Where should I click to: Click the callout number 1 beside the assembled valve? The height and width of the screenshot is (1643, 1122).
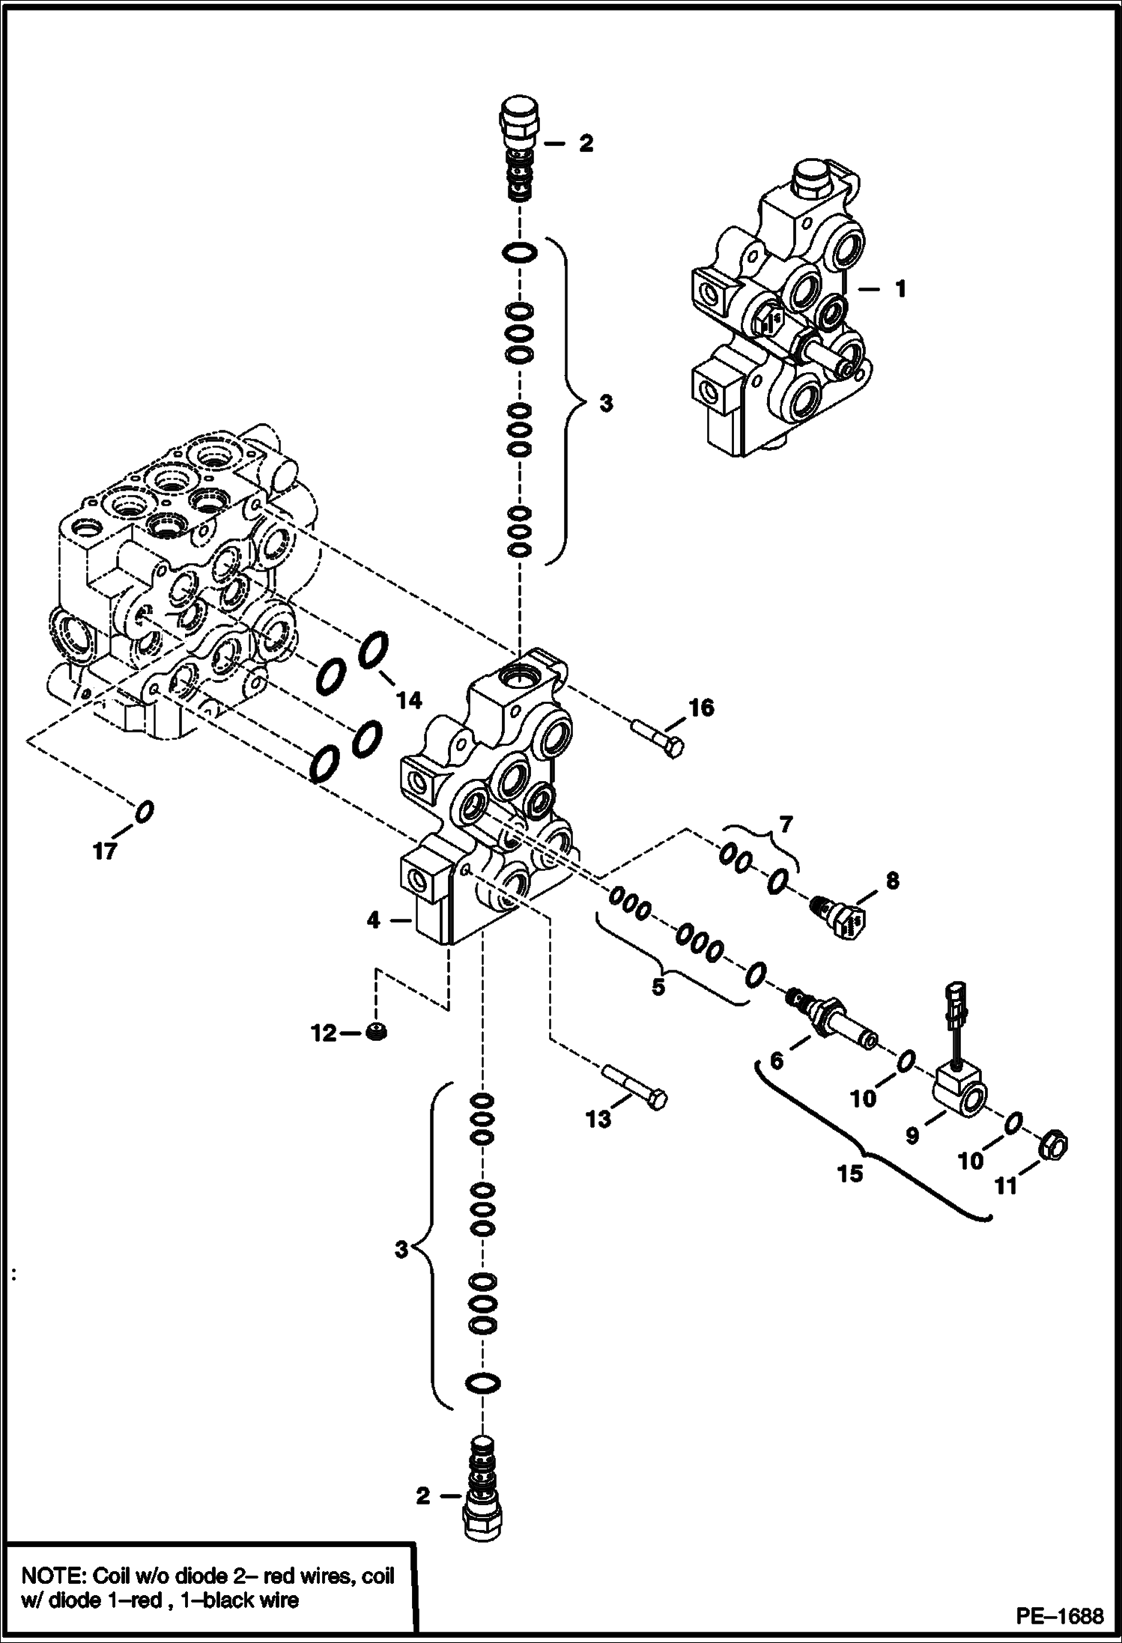pos(901,288)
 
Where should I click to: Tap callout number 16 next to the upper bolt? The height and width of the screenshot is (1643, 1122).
pos(701,707)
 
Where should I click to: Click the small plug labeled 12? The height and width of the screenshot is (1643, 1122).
pos(377,1032)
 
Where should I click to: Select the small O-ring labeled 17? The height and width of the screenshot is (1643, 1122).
pos(145,810)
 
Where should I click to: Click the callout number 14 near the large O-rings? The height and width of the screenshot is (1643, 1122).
pos(409,700)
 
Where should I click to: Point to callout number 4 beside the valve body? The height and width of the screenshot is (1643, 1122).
pos(374,920)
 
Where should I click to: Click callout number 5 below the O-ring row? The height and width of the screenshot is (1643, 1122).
pos(658,987)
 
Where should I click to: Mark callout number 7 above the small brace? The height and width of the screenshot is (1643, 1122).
pos(785,824)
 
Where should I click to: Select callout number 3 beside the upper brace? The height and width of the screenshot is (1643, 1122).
pos(605,404)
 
